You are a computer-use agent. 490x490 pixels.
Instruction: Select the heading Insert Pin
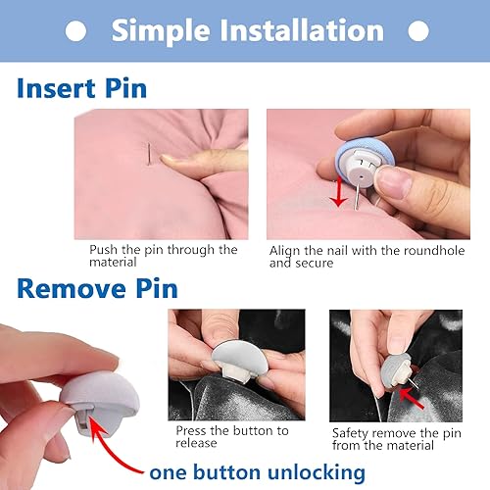81,88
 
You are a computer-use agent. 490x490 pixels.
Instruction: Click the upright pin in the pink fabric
147,156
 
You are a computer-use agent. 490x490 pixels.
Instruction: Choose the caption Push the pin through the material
163,256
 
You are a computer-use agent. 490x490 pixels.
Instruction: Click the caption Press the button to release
231,436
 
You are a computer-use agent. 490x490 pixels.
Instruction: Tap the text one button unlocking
258,472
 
